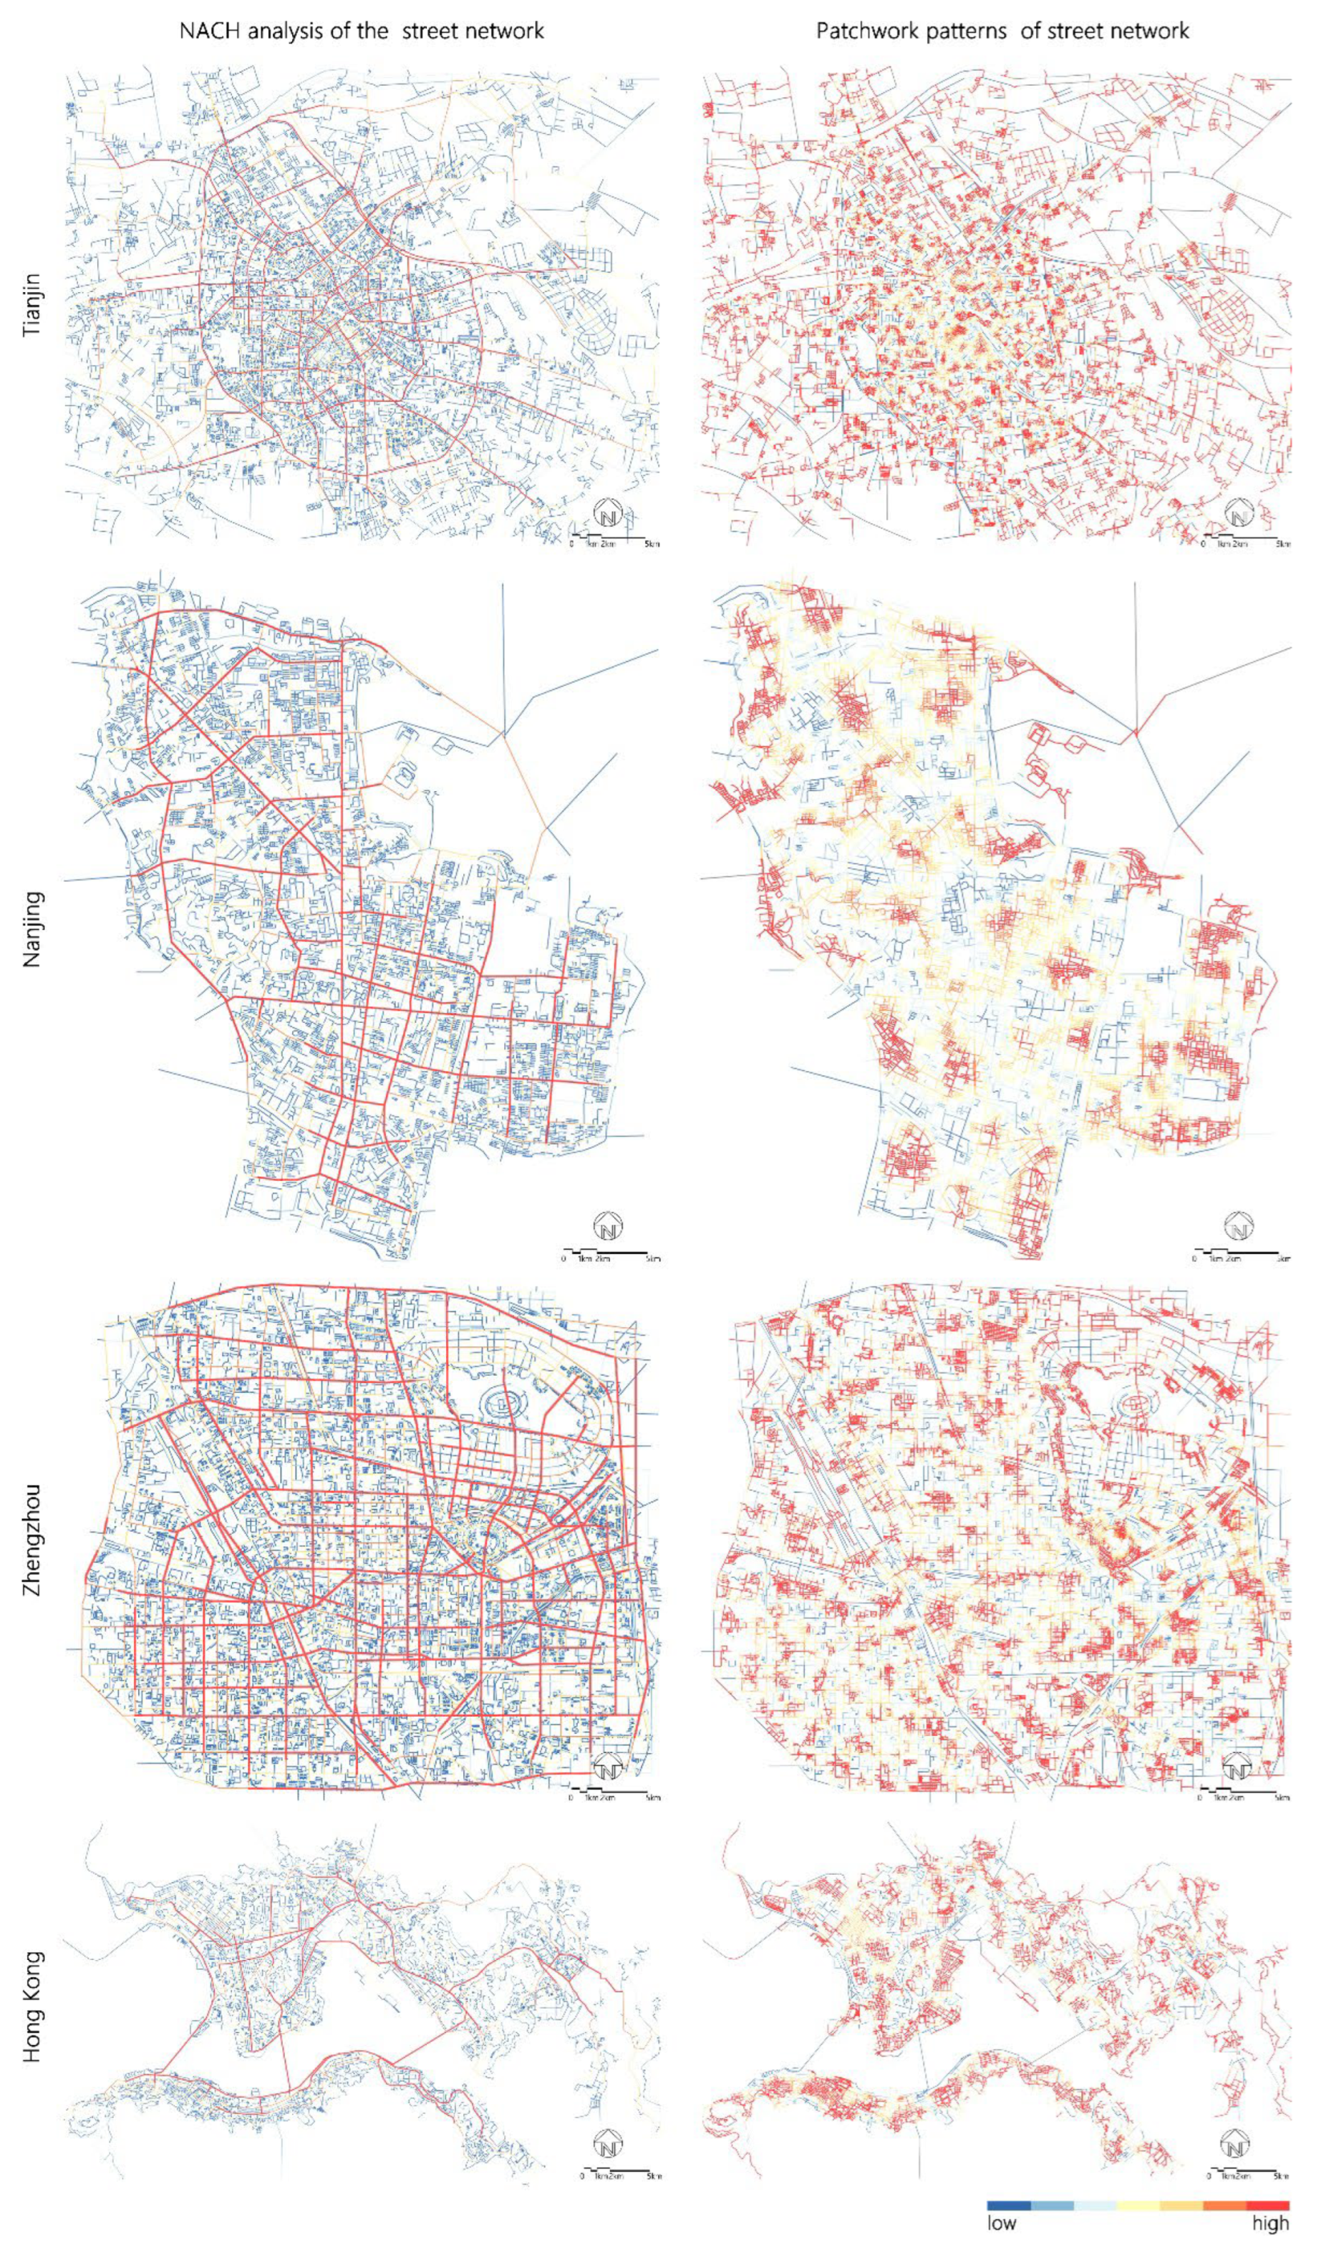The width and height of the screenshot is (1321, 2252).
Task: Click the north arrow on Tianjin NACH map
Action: coord(609,515)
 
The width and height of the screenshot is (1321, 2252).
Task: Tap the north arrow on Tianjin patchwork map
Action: coord(1239,515)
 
